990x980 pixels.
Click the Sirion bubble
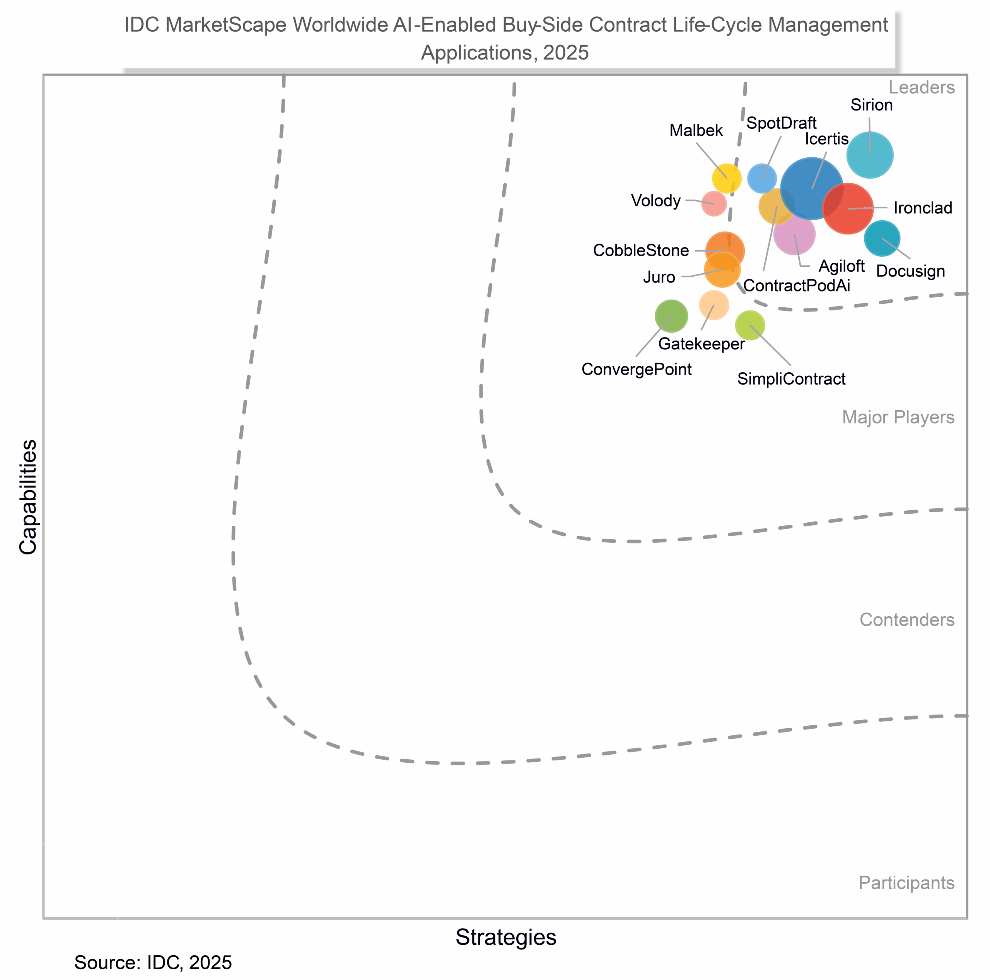pyautogui.click(x=870, y=155)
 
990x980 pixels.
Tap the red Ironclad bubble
pyautogui.click(x=848, y=208)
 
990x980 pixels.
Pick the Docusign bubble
pyautogui.click(x=882, y=238)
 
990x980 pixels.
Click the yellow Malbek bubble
pyautogui.click(x=727, y=178)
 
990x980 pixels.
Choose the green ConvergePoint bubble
pyautogui.click(x=671, y=316)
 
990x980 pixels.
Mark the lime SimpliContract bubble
pyautogui.click(x=750, y=325)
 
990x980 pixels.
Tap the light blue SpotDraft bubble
pyautogui.click(x=762, y=178)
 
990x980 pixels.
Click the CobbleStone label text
pyautogui.click(x=640, y=251)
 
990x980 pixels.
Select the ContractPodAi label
pyautogui.click(x=796, y=286)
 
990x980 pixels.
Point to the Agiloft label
pyautogui.click(x=841, y=266)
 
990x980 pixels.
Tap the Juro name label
pyautogui.click(x=659, y=277)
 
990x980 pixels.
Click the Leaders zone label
pyautogui.click(x=921, y=88)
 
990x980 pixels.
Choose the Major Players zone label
pyautogui.click(x=898, y=418)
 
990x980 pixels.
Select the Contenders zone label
pyautogui.click(x=906, y=620)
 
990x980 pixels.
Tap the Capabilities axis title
pyautogui.click(x=28, y=497)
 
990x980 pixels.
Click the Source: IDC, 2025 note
pyautogui.click(x=153, y=963)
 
